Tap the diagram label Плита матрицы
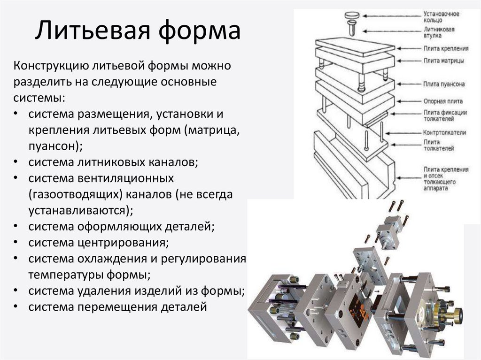[x=444, y=61]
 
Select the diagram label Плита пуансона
[x=444, y=84]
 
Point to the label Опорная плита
[x=443, y=101]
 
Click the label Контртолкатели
[x=445, y=133]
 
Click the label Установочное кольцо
[x=441, y=17]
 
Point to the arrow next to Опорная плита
[x=408, y=101]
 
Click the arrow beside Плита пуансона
[x=408, y=84]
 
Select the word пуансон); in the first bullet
[x=55, y=146]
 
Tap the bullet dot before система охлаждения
[x=16, y=259]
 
